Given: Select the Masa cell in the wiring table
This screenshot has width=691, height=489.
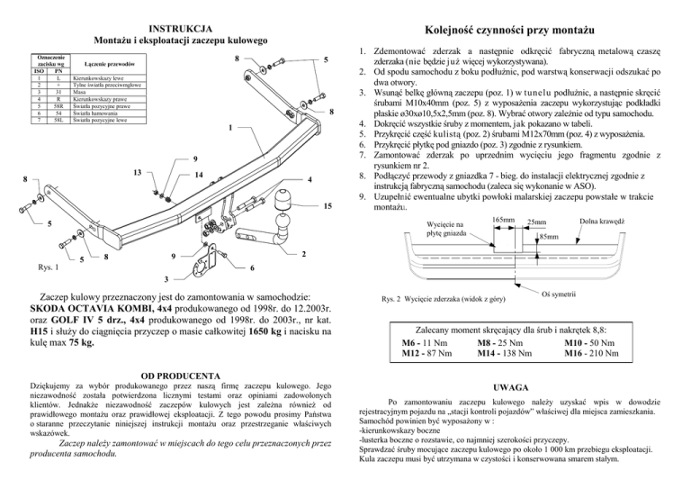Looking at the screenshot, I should (x=79, y=91).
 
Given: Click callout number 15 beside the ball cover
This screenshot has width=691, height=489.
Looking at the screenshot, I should (x=325, y=206).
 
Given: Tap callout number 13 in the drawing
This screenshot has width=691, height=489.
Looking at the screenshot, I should (x=135, y=172).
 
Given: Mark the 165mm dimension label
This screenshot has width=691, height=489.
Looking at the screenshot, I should (x=504, y=218).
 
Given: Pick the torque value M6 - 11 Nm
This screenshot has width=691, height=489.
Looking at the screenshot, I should (x=421, y=343).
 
